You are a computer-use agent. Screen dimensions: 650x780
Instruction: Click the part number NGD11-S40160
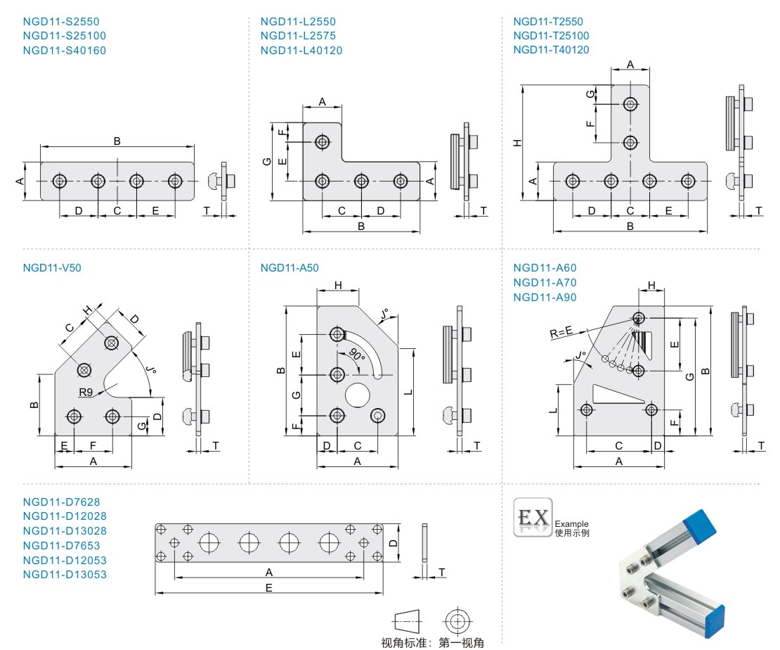coord(65,50)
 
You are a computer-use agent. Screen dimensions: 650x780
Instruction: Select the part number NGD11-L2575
coord(298,36)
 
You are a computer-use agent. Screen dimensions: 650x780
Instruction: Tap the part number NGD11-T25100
coord(551,36)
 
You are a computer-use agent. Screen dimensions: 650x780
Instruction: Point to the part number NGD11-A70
coord(545,283)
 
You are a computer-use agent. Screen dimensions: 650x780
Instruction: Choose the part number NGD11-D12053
coord(65,560)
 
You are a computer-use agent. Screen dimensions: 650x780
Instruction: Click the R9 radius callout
coord(87,391)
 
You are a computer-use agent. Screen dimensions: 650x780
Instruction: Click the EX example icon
coord(533,518)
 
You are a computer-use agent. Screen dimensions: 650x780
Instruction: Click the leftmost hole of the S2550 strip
coord(60,181)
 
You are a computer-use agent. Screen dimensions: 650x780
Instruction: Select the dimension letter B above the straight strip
coord(117,141)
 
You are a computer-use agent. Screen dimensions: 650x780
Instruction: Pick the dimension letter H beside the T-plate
coord(518,143)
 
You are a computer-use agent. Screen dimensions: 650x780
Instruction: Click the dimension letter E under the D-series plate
coord(269,587)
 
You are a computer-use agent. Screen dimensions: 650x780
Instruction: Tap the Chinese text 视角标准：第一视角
coord(432,642)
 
